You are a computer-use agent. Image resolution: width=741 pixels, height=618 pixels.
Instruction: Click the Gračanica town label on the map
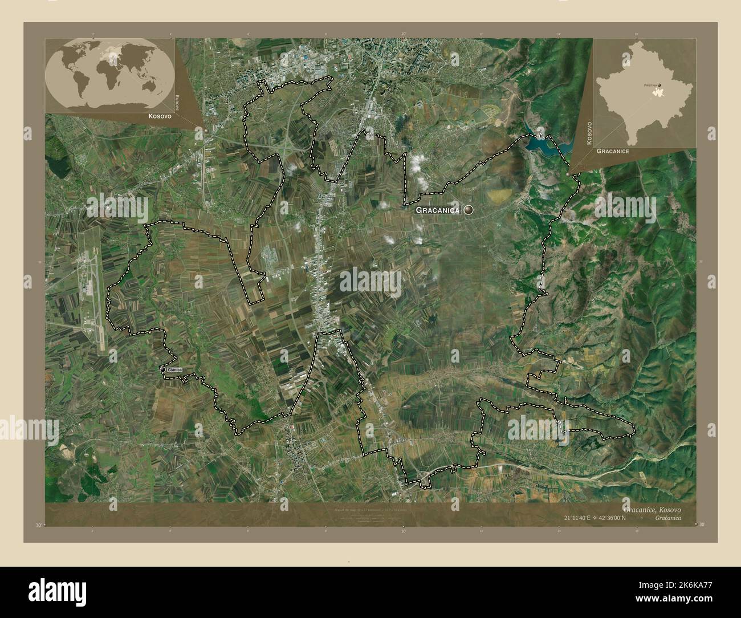(x=438, y=210)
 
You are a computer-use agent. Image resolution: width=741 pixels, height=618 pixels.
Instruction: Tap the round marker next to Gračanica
(x=469, y=210)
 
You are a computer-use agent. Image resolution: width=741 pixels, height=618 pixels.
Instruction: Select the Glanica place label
(x=174, y=371)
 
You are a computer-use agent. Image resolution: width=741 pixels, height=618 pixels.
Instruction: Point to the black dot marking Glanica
(x=162, y=371)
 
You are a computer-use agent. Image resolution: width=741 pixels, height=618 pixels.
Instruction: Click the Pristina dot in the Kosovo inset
(x=660, y=86)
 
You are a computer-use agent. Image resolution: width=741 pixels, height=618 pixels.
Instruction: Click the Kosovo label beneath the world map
(x=145, y=116)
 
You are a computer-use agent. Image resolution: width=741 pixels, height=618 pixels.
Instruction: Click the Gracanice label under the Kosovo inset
(x=613, y=152)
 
